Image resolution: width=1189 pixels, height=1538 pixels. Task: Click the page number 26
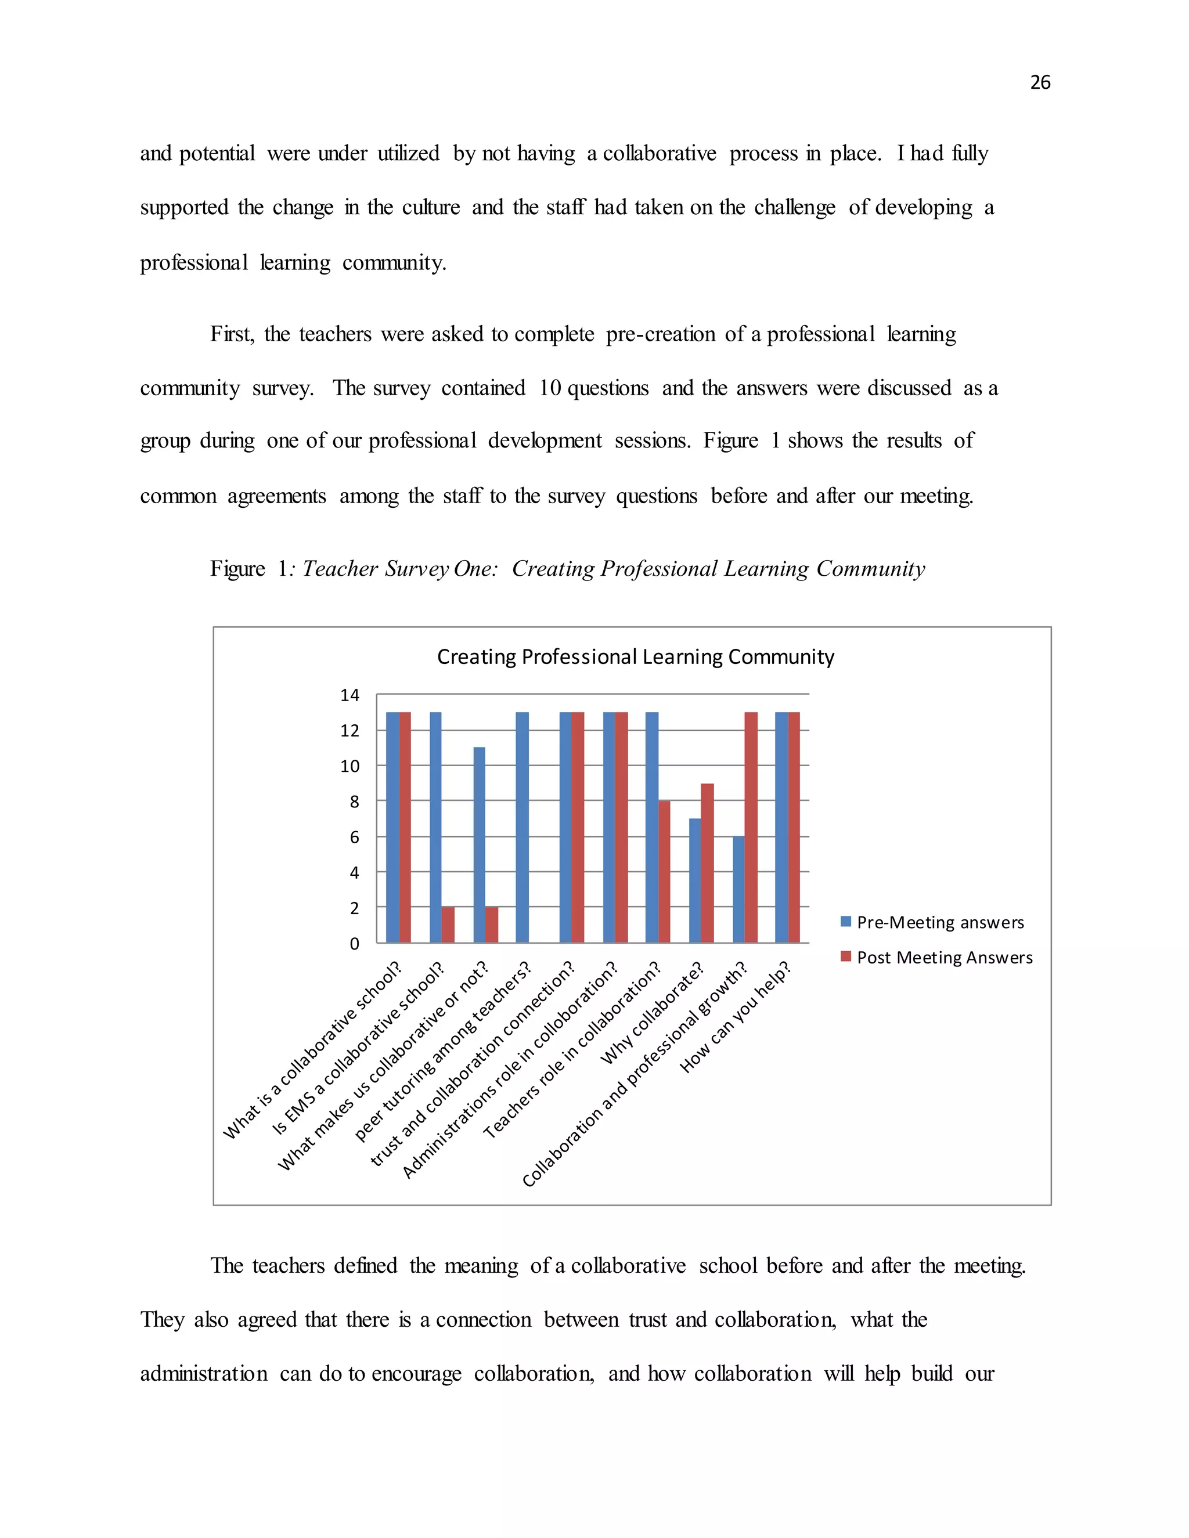1040,82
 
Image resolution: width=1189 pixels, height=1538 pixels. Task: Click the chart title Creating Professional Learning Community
635,656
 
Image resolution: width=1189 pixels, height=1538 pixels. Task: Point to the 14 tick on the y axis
350,695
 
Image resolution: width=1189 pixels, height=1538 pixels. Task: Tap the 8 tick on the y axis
354,802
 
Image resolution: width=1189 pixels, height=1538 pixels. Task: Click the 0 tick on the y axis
354,944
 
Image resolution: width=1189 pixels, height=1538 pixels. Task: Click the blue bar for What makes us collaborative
479,844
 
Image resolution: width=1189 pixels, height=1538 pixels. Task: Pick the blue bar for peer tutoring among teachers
522,828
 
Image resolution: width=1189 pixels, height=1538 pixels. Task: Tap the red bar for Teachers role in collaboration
664,871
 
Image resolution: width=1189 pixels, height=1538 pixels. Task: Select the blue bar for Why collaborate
694,880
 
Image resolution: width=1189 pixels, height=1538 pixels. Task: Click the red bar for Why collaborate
707,862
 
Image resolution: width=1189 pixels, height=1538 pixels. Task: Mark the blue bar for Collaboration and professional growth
738,889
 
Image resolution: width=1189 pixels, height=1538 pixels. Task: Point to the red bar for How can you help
794,828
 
